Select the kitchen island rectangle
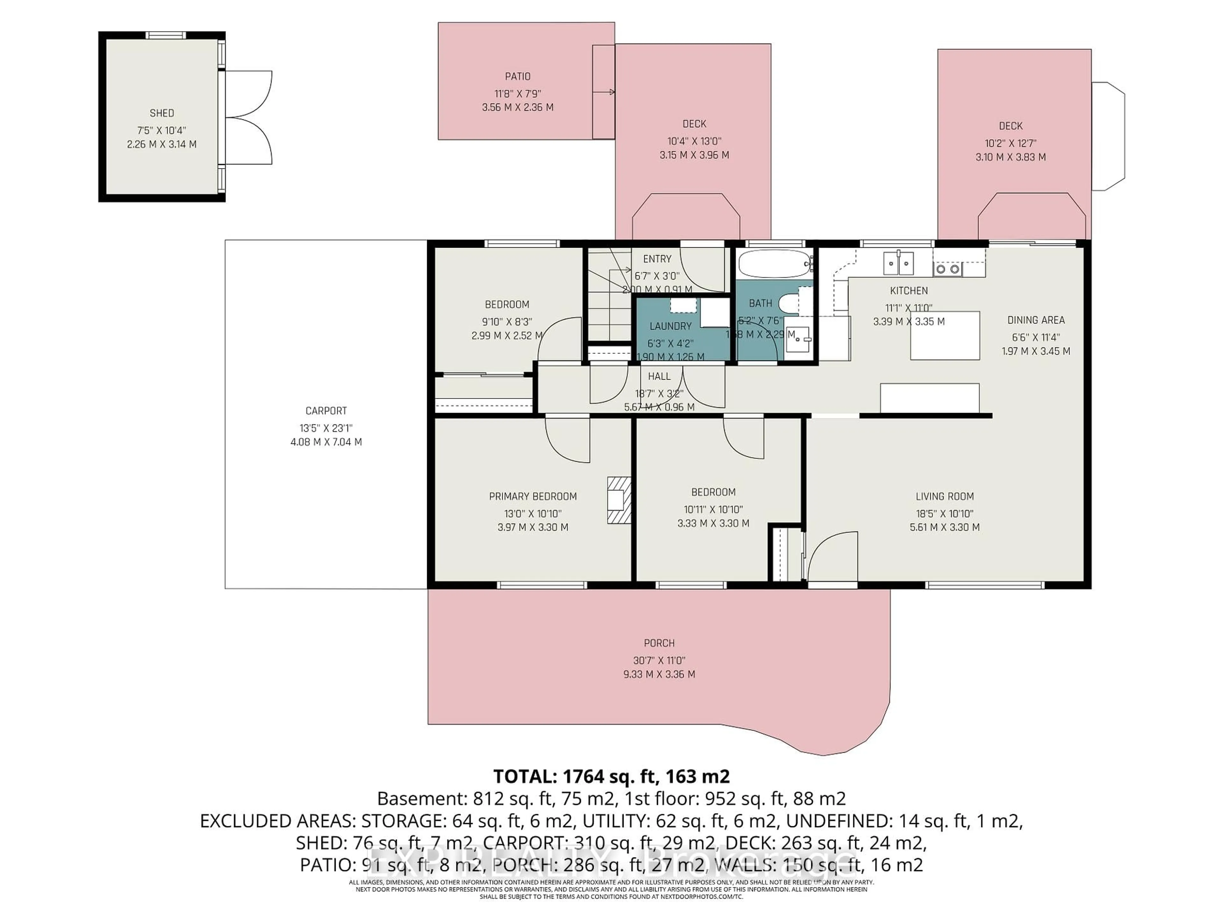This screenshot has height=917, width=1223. [x=944, y=336]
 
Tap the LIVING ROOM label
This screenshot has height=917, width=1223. [x=944, y=496]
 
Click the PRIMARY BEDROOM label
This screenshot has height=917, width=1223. [x=533, y=496]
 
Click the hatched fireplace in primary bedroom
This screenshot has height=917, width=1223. [x=619, y=500]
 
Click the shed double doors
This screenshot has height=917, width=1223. [x=249, y=117]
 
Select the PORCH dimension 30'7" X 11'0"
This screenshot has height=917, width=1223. [x=659, y=660]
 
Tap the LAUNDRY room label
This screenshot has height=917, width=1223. [x=670, y=326]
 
